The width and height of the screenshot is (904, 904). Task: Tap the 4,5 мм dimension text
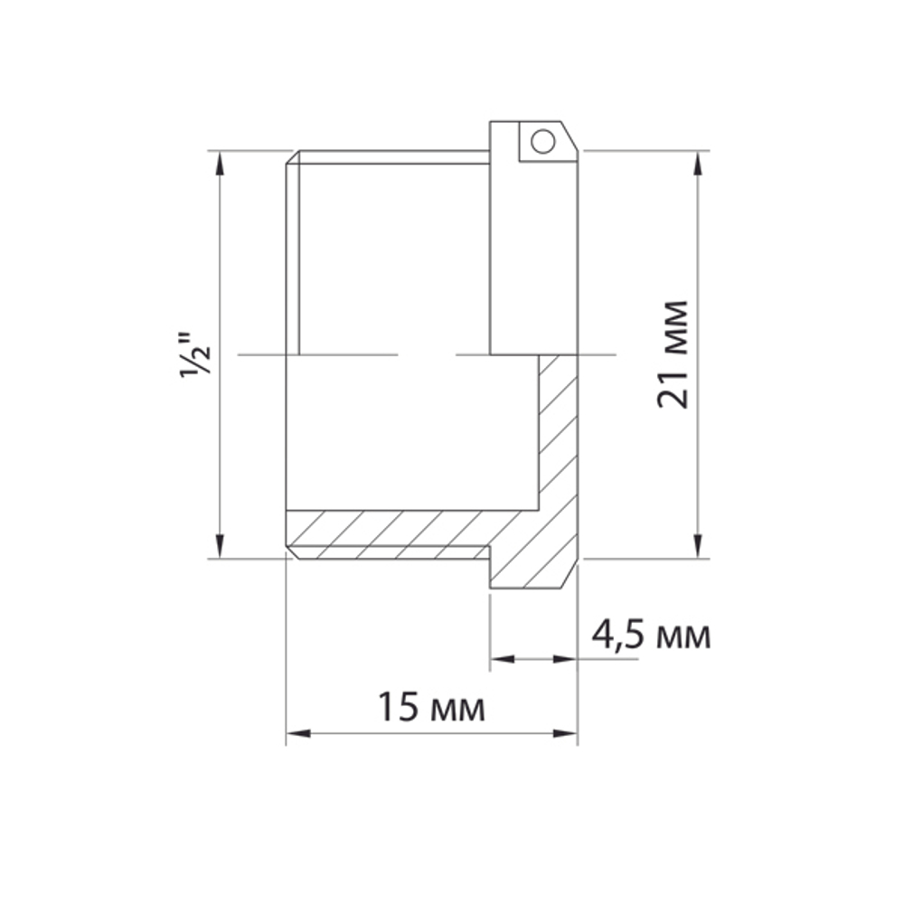(x=650, y=636)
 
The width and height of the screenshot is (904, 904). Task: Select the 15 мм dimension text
(x=431, y=708)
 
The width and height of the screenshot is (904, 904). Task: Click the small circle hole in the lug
(x=541, y=141)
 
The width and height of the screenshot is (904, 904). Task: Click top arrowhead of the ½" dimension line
(x=218, y=162)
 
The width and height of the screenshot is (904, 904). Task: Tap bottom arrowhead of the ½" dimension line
(x=218, y=547)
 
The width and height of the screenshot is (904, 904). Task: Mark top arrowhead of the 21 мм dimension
(x=697, y=162)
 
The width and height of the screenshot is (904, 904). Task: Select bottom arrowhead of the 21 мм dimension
(x=697, y=547)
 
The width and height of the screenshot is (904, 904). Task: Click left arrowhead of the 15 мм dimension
(x=297, y=733)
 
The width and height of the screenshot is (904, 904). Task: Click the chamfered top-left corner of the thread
(x=292, y=157)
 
